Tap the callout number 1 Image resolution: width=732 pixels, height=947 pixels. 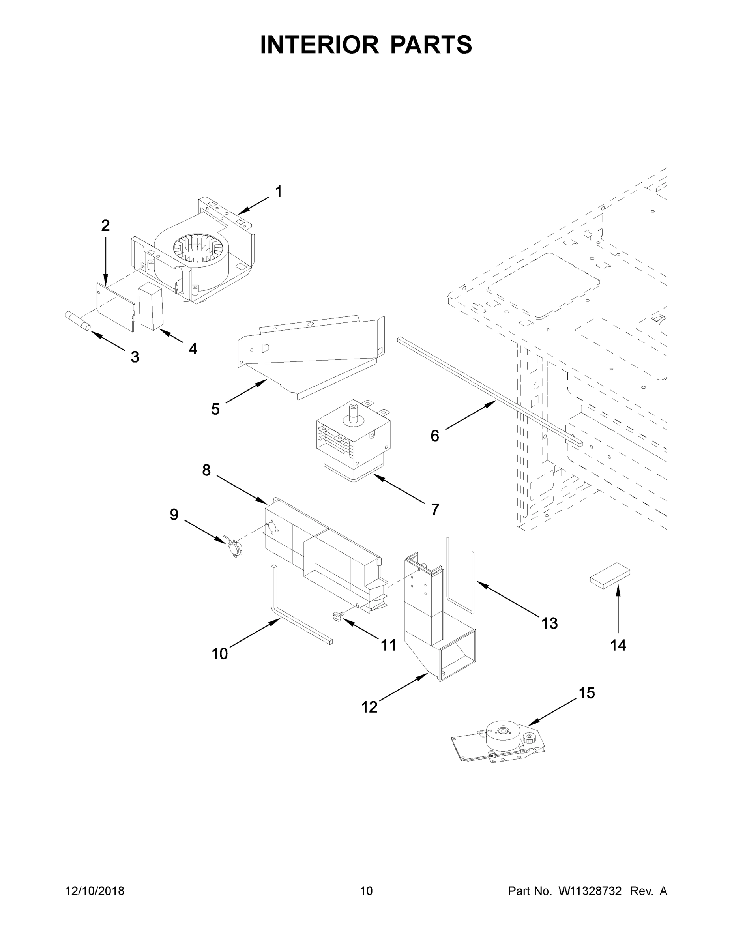coord(279,192)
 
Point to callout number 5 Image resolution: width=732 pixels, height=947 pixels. coord(215,409)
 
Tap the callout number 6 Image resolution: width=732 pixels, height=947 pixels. coord(434,435)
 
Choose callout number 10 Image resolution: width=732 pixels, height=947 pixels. coord(219,653)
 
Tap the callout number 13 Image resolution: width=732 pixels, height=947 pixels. coord(549,623)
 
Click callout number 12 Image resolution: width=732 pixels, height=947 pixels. coord(369,707)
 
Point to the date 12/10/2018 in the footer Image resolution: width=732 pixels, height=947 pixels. coord(95,891)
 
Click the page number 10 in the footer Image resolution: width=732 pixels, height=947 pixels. coord(366,891)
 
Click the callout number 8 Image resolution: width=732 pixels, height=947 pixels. coord(206,470)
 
